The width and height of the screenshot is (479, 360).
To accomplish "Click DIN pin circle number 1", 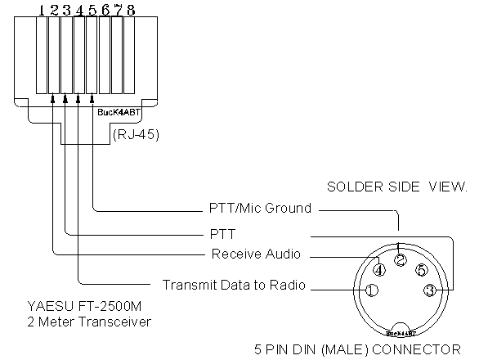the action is [372, 290].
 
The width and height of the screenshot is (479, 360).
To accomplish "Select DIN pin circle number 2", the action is [401, 260].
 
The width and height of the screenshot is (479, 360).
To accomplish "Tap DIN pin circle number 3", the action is [430, 290].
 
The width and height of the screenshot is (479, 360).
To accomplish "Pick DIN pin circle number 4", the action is [379, 270].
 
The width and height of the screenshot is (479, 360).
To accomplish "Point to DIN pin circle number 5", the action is [421, 270].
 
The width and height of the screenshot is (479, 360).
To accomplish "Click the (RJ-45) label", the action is [136, 134].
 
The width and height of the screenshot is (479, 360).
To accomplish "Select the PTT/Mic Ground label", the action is [260, 209].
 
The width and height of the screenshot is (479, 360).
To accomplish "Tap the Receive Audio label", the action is [256, 254].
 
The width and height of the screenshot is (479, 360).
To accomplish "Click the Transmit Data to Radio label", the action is [234, 285].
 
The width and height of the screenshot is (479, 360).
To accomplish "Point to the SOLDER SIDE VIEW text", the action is [397, 187].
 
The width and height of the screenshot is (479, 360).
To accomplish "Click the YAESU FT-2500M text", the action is [84, 306].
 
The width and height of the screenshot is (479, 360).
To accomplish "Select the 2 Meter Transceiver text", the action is [89, 322].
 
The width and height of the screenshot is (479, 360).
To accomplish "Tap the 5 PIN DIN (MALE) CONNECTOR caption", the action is [357, 349].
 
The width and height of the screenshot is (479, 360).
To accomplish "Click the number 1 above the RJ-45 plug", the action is [42, 11].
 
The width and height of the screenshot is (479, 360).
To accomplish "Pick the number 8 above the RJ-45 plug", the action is [131, 11].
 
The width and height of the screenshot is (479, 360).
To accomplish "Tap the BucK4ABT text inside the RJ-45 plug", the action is [119, 112].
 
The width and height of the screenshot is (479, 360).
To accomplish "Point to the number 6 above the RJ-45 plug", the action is [105, 11].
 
